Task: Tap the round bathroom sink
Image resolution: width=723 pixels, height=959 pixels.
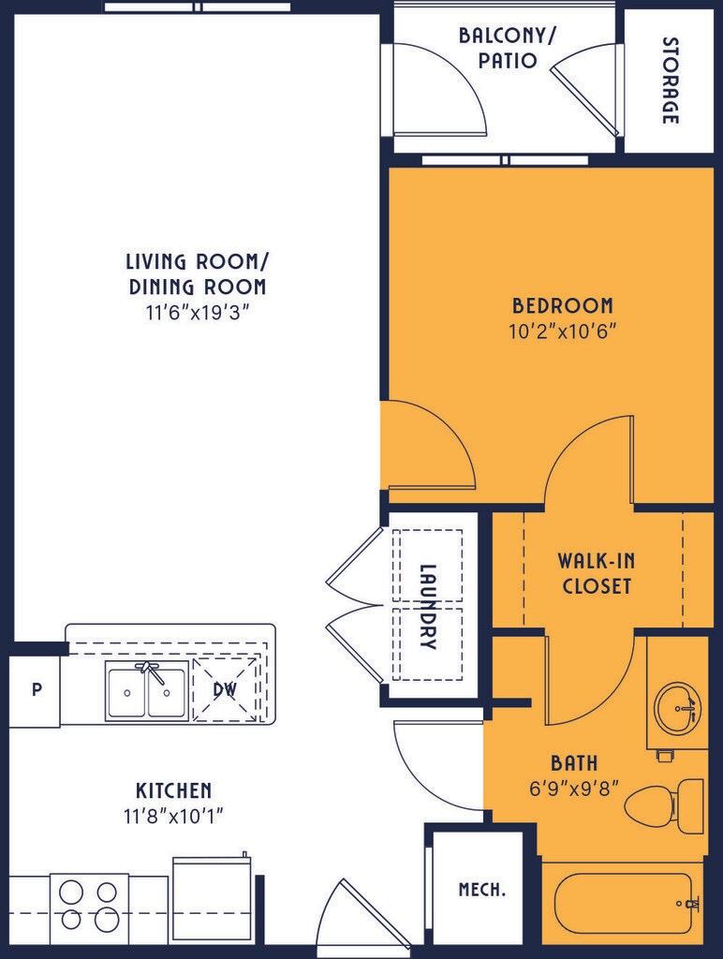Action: [678, 708]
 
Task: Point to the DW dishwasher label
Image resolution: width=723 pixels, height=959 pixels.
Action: [225, 690]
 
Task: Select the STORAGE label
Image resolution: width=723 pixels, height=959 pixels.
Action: [671, 81]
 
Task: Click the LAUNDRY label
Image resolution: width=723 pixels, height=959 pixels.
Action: [428, 606]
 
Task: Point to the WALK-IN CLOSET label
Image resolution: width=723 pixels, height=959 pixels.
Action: [597, 573]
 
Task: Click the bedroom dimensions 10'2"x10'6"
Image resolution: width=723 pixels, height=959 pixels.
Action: [562, 332]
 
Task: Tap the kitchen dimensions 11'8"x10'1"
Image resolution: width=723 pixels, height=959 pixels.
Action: [173, 816]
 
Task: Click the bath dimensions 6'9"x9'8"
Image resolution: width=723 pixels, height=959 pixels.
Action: [574, 788]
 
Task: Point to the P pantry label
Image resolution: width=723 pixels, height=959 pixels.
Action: [37, 690]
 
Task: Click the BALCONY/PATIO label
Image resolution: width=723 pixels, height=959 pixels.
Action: [507, 48]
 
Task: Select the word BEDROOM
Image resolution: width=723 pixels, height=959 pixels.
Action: [562, 305]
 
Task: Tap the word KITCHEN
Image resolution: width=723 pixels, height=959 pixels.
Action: [173, 790]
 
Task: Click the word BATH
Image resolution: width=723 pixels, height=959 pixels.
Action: [574, 762]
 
